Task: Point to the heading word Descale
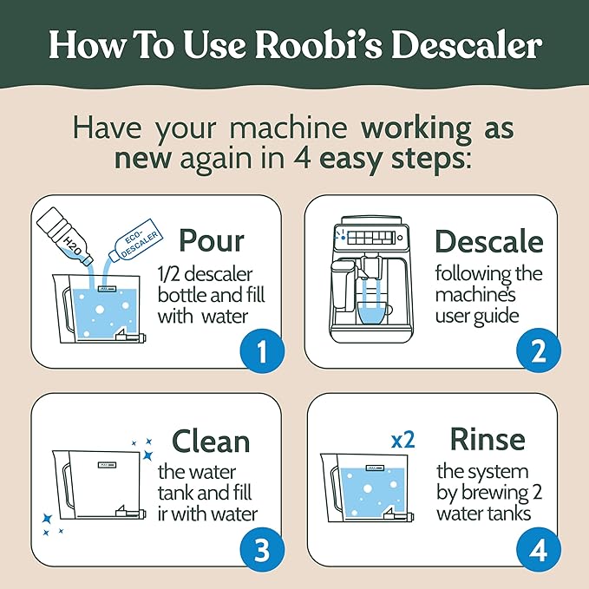point(488,241)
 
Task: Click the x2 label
point(402,439)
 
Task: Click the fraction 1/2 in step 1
point(171,273)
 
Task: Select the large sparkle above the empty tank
point(148,454)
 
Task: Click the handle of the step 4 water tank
point(330,490)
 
